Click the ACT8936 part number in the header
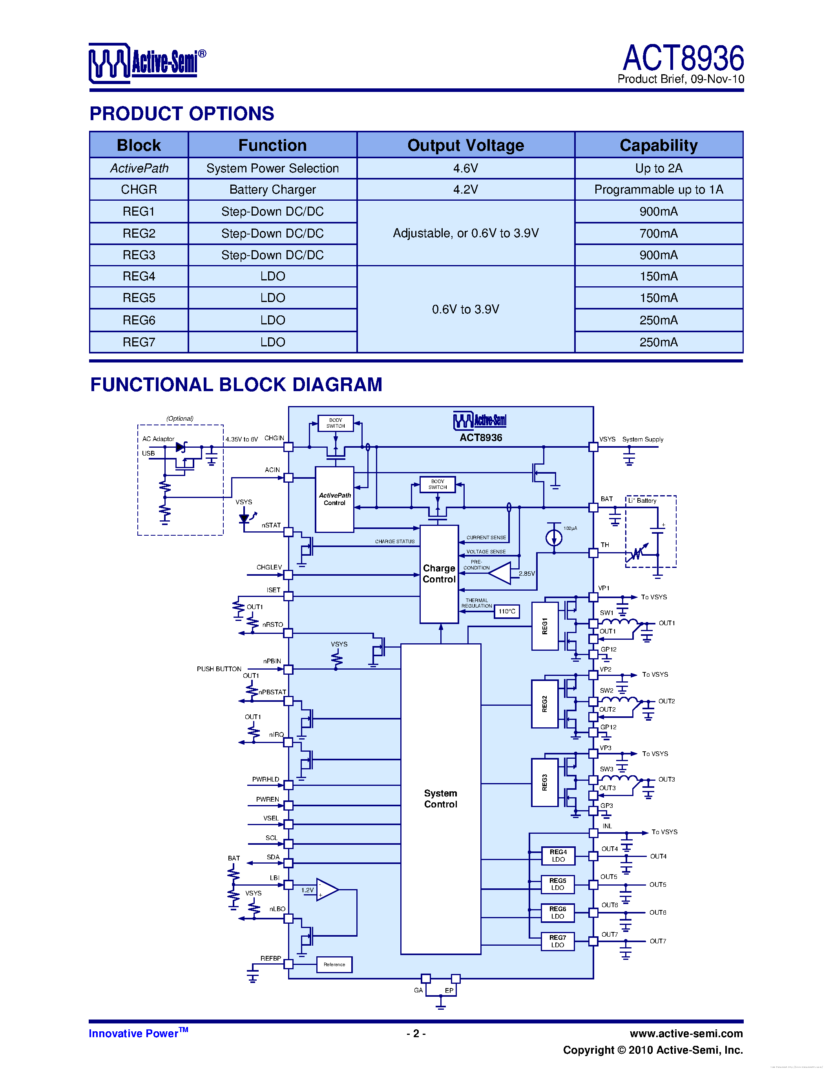(683, 59)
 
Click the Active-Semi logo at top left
(147, 63)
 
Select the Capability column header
(658, 145)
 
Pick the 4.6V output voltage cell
(465, 168)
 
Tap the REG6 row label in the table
(139, 320)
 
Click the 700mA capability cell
(658, 233)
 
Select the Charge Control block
(439, 574)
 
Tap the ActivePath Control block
(334, 499)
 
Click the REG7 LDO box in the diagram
(558, 941)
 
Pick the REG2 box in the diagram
(544, 704)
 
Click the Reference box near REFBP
(334, 964)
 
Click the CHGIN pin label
(274, 438)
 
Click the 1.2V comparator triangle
(327, 890)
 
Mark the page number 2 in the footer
(416, 1033)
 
